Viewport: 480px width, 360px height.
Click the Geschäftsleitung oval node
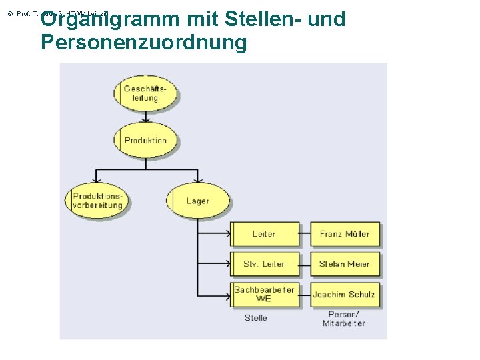click(145, 93)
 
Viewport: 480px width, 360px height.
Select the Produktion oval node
click(145, 140)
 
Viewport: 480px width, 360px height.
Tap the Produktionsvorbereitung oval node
click(97, 201)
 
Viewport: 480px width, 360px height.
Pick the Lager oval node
click(197, 201)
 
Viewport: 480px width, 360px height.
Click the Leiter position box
click(264, 234)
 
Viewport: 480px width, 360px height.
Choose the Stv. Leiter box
click(264, 264)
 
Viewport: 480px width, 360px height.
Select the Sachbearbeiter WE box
click(264, 294)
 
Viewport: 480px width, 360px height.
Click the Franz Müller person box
click(345, 234)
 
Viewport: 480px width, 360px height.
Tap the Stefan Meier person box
click(345, 264)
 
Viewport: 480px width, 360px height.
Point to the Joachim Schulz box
click(345, 294)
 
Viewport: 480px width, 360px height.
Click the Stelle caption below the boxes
click(256, 318)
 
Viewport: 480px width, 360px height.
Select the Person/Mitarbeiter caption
click(343, 319)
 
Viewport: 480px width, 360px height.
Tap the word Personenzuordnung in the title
click(143, 42)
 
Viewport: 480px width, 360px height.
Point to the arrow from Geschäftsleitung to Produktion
click(145, 116)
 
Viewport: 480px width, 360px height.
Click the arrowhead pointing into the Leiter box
click(227, 234)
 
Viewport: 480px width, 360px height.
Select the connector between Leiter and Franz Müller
click(304, 234)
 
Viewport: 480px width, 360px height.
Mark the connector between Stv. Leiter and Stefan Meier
click(304, 264)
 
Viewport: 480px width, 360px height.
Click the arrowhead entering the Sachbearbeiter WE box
click(227, 294)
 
